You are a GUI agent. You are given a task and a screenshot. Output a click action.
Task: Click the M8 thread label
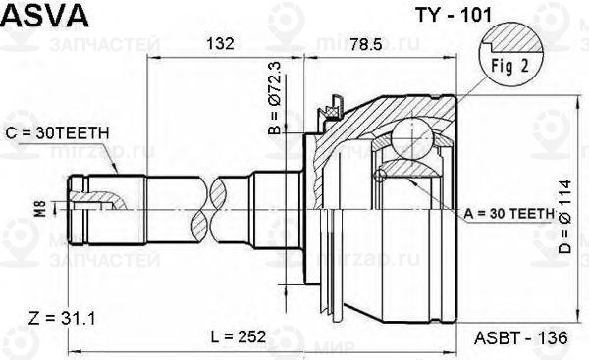[x=40, y=207]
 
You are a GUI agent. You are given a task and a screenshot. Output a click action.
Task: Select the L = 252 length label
[x=239, y=336]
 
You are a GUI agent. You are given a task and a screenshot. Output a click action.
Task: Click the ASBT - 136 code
[x=521, y=336]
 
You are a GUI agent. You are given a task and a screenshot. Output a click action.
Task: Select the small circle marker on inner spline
[x=380, y=176]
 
